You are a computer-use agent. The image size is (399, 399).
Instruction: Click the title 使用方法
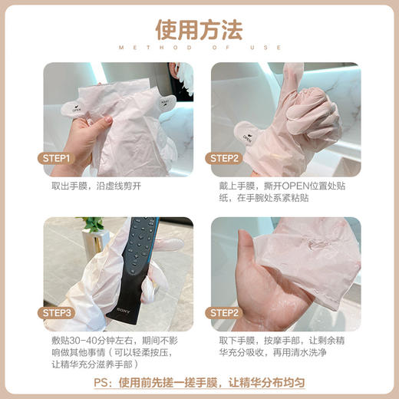[199, 29]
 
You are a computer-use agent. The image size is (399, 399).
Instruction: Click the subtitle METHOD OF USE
[199, 48]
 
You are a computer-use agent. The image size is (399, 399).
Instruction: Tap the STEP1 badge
[58, 159]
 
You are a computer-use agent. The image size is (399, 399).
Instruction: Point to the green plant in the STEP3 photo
[94, 224]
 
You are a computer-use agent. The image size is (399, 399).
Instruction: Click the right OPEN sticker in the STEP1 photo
[164, 101]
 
